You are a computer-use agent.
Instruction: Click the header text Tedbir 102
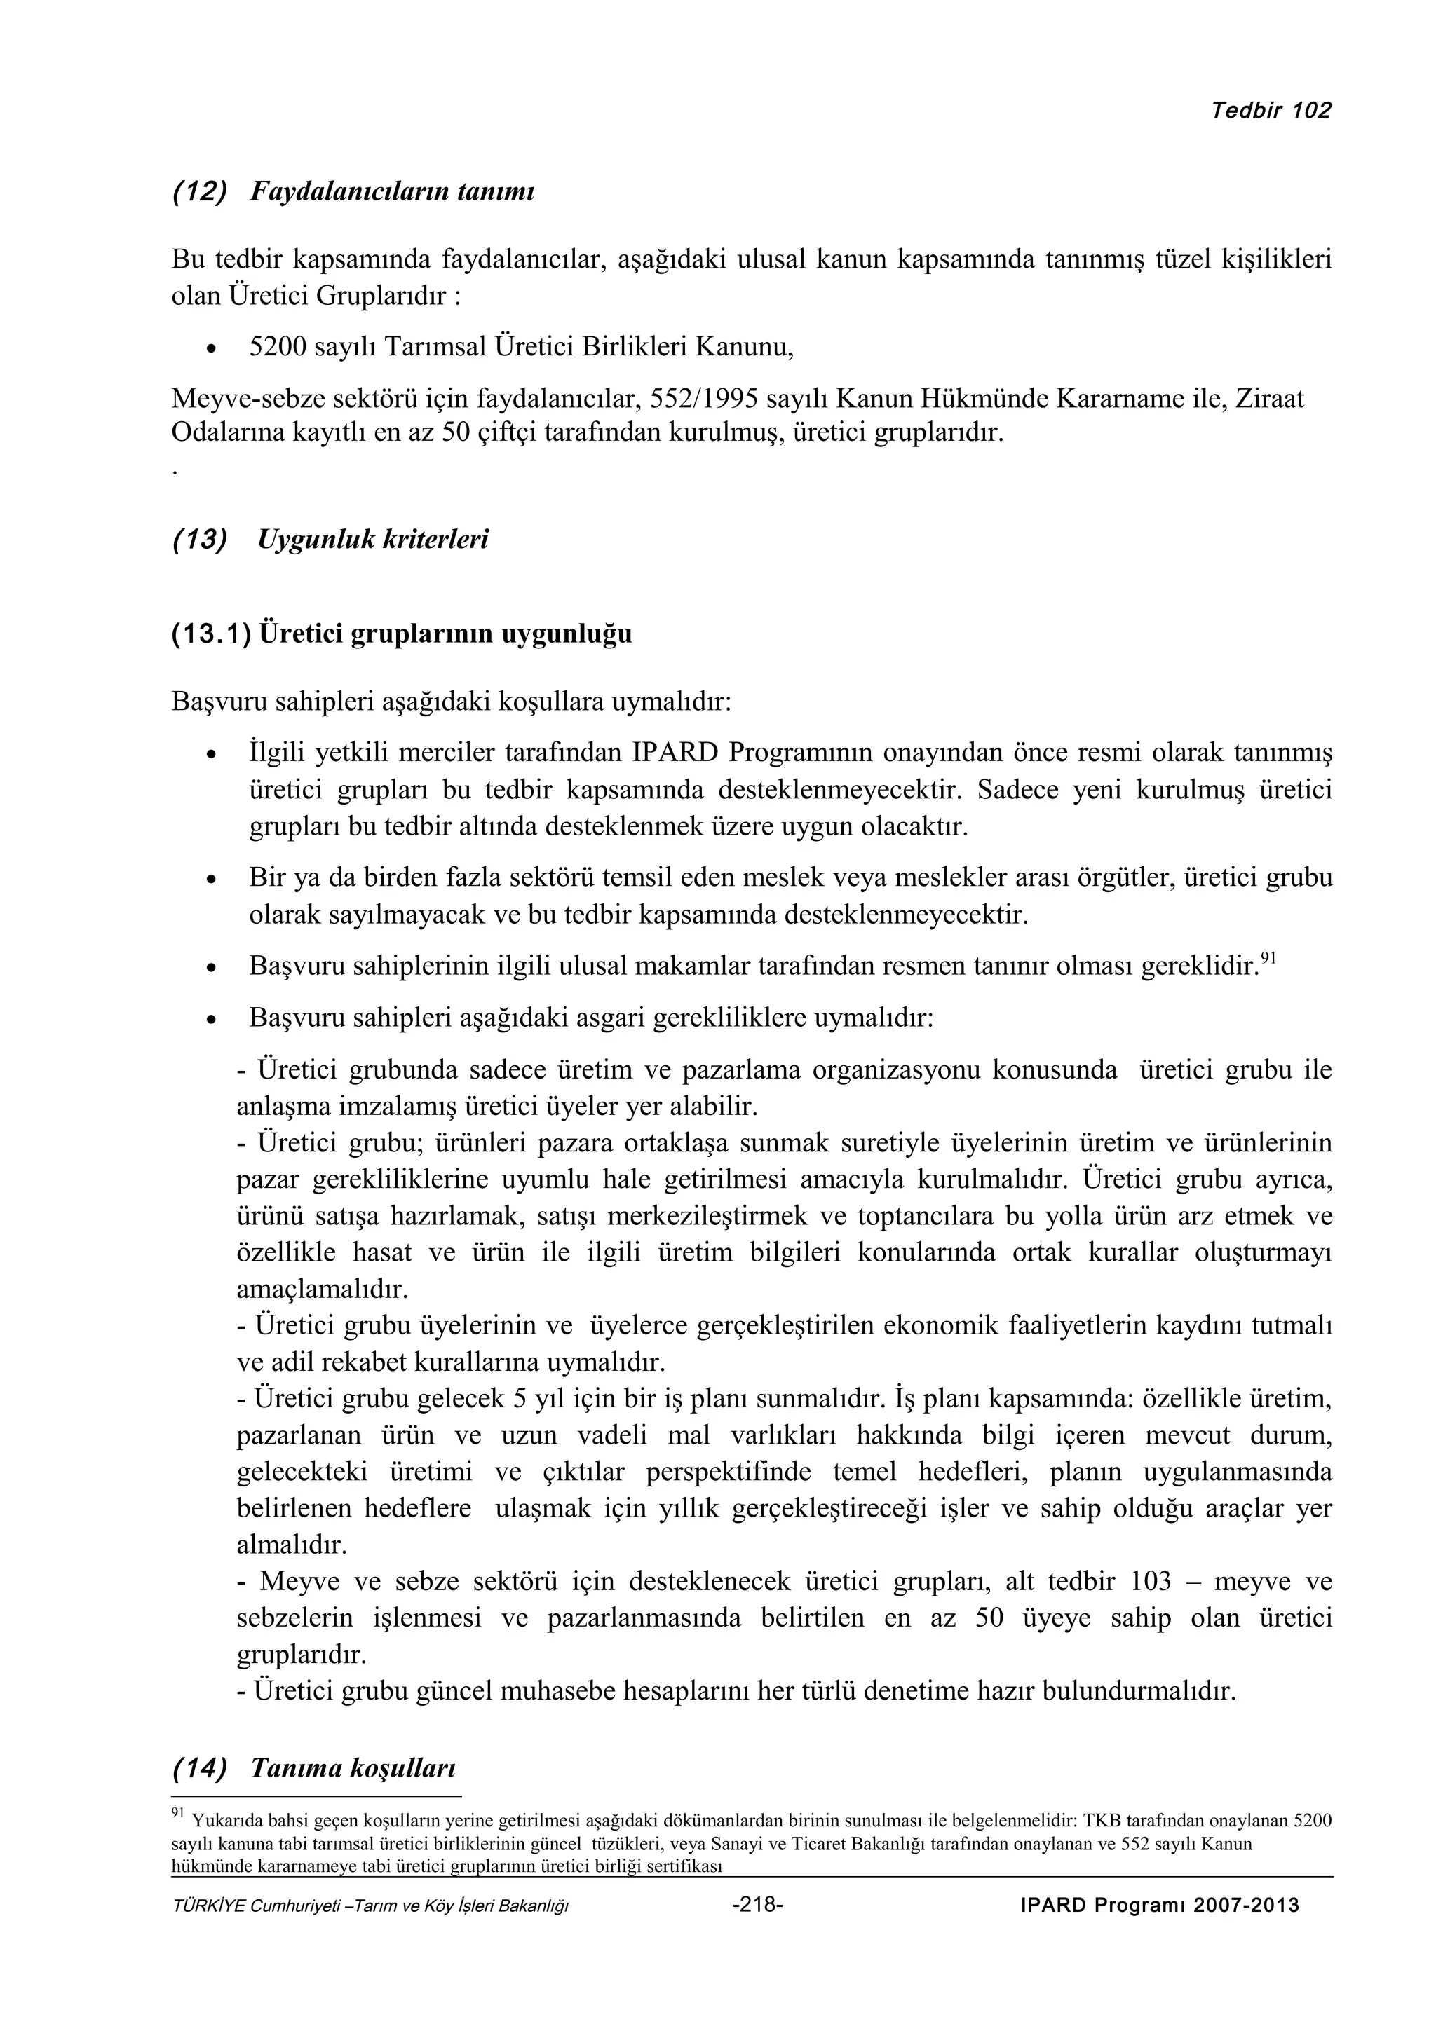[x=1271, y=111]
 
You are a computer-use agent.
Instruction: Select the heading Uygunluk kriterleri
[x=372, y=540]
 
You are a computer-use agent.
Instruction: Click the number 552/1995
[x=703, y=399]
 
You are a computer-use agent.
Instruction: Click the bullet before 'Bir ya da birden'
[x=210, y=881]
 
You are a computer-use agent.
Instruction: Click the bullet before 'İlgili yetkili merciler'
[x=210, y=756]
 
